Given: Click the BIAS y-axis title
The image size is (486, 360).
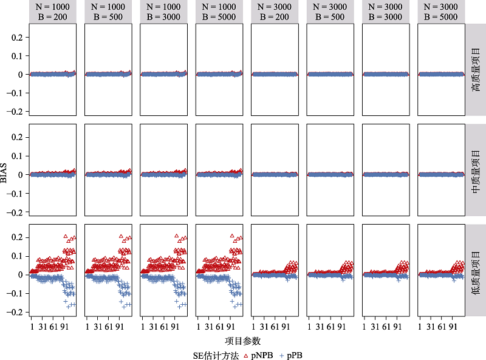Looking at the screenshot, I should tap(5, 169).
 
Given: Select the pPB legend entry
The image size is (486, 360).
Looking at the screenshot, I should tap(293, 355).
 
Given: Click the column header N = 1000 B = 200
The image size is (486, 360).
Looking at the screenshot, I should tap(52, 12).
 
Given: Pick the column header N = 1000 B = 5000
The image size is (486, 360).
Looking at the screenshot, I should tap(219, 12).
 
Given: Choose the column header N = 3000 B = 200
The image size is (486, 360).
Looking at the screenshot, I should tap(275, 12).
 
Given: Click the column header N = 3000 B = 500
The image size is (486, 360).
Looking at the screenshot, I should tap(330, 12).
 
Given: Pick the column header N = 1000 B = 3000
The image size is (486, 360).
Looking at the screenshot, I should tap(163, 12).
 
